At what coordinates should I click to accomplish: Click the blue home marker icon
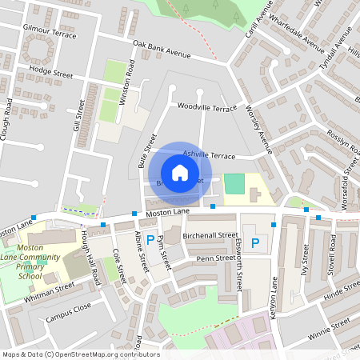pyautogui.click(x=180, y=173)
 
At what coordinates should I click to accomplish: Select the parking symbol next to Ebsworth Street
pyautogui.click(x=255, y=243)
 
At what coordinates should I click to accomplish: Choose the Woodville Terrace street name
pyautogui.click(x=207, y=106)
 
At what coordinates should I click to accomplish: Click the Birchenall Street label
pyautogui.click(x=211, y=236)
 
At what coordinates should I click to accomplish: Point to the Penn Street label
pyautogui.click(x=214, y=258)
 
